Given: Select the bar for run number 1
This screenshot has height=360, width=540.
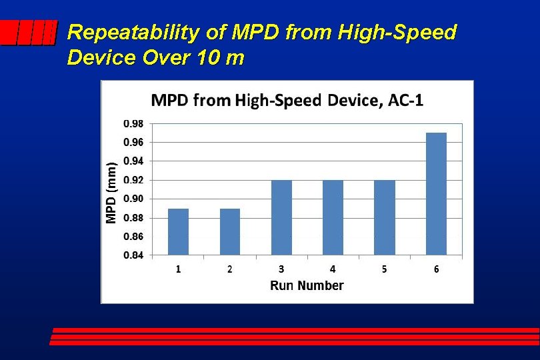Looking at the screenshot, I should [178, 231].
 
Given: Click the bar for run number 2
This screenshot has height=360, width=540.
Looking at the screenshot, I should [230, 231].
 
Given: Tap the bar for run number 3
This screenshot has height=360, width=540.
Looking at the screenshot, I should [281, 217].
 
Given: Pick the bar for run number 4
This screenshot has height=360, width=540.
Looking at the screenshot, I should [333, 217].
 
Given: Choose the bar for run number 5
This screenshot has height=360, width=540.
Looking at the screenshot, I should [385, 217].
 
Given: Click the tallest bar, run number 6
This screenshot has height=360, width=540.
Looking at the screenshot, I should [436, 193].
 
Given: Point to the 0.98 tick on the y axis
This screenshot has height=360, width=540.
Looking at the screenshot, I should [133, 123].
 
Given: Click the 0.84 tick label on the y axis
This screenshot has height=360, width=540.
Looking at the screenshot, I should [133, 255].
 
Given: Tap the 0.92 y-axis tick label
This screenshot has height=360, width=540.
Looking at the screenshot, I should [133, 180].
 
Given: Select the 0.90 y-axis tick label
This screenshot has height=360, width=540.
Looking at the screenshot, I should [133, 199].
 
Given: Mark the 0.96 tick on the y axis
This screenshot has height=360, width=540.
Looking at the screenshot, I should [133, 142].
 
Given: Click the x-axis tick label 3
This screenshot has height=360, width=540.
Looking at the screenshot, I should [281, 269].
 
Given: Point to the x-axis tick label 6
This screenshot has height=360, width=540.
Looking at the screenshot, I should [436, 269].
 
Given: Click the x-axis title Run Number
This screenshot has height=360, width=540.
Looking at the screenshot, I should [307, 286].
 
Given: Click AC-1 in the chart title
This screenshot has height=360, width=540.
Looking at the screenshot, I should [403, 101].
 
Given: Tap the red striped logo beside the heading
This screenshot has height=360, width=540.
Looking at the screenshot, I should [27, 33].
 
